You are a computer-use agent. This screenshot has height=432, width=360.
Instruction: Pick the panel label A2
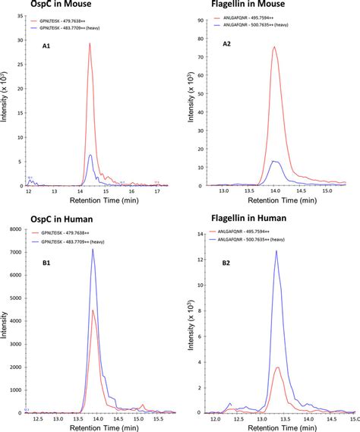point(227,45)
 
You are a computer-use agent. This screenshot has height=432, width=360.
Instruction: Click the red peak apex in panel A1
point(90,43)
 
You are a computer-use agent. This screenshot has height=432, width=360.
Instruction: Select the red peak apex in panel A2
point(274,47)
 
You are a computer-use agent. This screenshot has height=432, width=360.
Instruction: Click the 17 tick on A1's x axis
point(157,194)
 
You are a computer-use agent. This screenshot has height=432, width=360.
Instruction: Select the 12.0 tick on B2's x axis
point(215,420)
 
